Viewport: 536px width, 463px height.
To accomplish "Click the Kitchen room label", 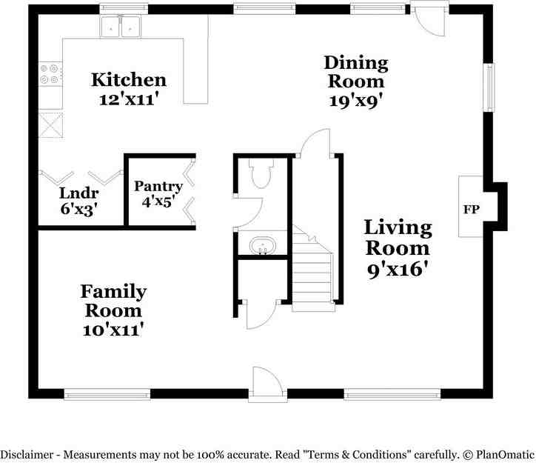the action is [129, 80].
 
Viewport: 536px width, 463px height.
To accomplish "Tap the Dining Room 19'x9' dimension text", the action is [356, 101].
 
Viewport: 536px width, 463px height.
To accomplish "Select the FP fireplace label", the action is [472, 209].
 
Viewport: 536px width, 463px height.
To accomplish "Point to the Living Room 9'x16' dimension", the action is [398, 270].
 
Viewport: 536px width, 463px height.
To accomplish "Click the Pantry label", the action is [158, 187].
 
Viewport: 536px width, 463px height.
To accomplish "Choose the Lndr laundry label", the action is [79, 193].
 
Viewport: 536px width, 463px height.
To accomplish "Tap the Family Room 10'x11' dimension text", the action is [113, 330].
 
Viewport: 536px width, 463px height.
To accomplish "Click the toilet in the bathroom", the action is [261, 173].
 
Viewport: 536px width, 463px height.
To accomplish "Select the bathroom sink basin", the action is [263, 245].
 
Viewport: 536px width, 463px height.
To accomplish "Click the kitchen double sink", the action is [121, 27].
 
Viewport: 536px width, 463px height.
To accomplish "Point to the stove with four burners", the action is [50, 74].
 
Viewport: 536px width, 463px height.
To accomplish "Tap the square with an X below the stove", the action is [50, 124].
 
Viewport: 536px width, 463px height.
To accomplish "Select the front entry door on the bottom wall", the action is [267, 384].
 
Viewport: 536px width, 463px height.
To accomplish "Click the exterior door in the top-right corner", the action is [429, 19].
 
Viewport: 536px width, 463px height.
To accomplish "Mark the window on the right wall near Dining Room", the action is [489, 87].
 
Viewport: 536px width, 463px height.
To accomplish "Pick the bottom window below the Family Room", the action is [107, 394].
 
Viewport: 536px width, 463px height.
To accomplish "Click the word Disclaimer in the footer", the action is [27, 455].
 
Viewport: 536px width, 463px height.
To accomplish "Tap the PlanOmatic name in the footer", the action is [505, 455].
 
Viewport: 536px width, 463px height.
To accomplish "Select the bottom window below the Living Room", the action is [392, 394].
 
